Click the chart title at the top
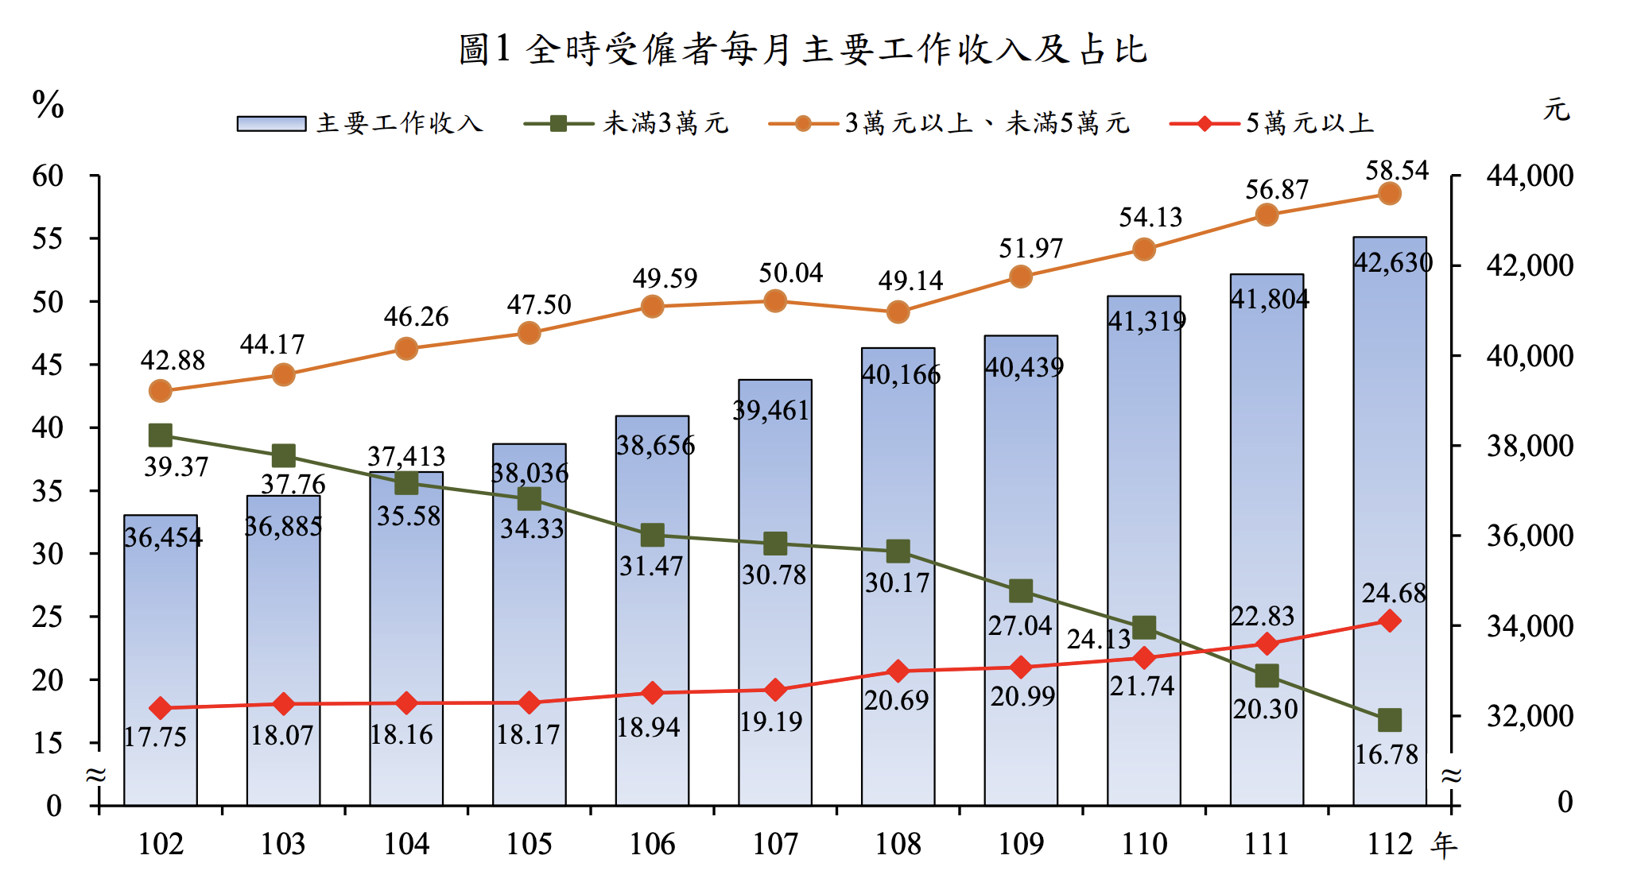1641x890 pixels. click(803, 49)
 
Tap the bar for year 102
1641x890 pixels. click(160, 660)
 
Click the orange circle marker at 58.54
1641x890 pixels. click(1389, 193)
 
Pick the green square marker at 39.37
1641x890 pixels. click(160, 435)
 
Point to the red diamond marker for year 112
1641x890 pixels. click(1389, 621)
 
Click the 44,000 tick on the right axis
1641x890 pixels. click(1529, 176)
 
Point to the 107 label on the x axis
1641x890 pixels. click(775, 844)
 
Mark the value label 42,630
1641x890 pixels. click(1393, 262)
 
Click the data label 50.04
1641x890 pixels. click(790, 273)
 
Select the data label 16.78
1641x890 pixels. click(1386, 754)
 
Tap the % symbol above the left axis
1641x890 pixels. click(48, 104)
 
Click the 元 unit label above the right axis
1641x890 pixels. click(1556, 110)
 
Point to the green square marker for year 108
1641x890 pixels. click(898, 551)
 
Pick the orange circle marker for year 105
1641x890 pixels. click(529, 333)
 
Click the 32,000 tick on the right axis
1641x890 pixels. click(1529, 716)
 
